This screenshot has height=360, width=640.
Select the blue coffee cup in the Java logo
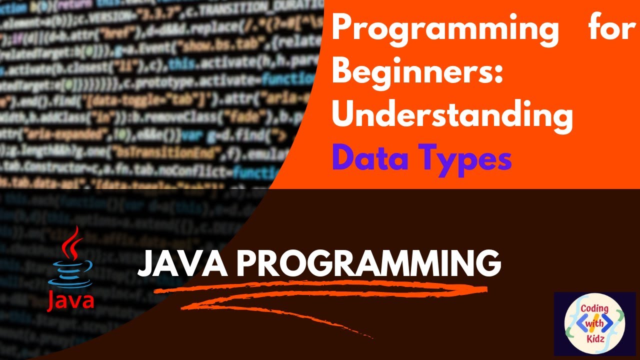pyautogui.click(x=74, y=272)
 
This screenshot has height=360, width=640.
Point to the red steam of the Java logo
pyautogui.click(x=73, y=242)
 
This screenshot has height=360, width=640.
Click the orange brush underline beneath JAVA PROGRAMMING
pyautogui.click(x=320, y=295)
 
